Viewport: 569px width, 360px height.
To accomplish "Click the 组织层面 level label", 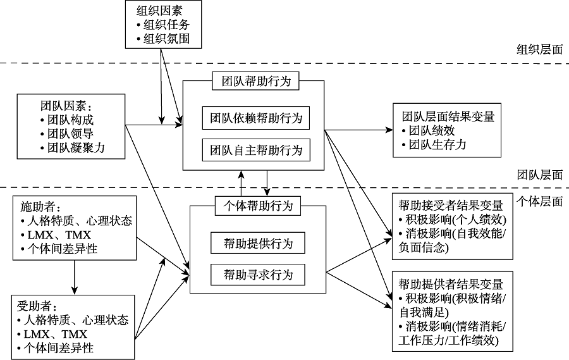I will [x=539, y=50].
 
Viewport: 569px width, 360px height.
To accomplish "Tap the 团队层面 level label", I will [x=539, y=175].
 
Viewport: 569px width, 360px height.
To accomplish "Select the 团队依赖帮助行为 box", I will [x=256, y=118].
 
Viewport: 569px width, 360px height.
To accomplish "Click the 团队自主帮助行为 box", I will [x=256, y=151].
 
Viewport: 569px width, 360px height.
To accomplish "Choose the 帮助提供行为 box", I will [x=258, y=244].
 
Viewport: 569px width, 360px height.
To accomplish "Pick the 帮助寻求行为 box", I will [x=258, y=275].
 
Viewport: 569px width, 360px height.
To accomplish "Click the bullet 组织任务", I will [x=166, y=25].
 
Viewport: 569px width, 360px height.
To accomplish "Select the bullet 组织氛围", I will [x=166, y=39].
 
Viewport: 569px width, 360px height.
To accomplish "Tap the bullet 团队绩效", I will [x=431, y=131].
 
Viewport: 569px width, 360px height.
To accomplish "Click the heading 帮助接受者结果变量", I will [x=451, y=206].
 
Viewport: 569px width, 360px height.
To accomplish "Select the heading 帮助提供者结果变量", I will [x=451, y=284].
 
